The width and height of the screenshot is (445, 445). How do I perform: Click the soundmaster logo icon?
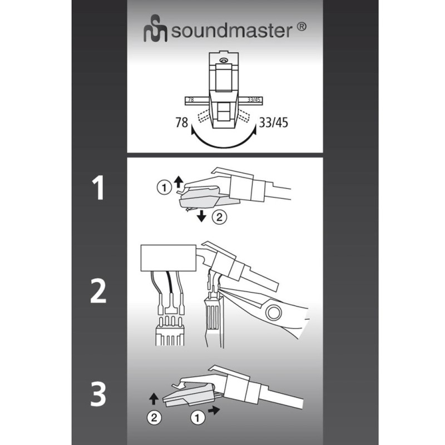pyautogui.click(x=156, y=28)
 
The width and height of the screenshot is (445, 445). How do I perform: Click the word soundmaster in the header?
pyautogui.click(x=231, y=31)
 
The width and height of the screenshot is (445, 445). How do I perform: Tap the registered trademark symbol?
pyautogui.click(x=301, y=27)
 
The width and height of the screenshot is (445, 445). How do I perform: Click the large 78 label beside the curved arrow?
pyautogui.click(x=182, y=122)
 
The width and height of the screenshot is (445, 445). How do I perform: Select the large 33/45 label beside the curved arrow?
pyautogui.click(x=274, y=122)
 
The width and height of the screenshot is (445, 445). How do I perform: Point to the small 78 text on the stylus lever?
pyautogui.click(x=191, y=100)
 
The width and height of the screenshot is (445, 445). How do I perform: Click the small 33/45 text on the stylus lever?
pyautogui.click(x=254, y=100)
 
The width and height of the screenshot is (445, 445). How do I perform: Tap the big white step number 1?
pyautogui.click(x=98, y=187)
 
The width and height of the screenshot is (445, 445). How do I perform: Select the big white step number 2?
pyautogui.click(x=98, y=291)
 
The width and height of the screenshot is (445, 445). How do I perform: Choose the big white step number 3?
pyautogui.click(x=98, y=394)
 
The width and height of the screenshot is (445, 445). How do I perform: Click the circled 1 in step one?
pyautogui.click(x=164, y=187)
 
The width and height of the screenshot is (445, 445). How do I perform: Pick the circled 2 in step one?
pyautogui.click(x=219, y=217)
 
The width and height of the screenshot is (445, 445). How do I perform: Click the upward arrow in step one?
pyautogui.click(x=178, y=182)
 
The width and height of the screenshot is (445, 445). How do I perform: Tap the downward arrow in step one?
pyautogui.click(x=202, y=216)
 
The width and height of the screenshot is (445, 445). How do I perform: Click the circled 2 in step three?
pyautogui.click(x=154, y=418)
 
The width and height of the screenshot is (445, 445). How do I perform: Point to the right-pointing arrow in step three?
pyautogui.click(x=214, y=410)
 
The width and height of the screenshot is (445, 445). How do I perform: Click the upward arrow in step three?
pyautogui.click(x=154, y=399)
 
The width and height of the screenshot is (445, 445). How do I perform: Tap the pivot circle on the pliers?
pyautogui.click(x=273, y=313)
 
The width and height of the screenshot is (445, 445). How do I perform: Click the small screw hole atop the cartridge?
pyautogui.click(x=224, y=61)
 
